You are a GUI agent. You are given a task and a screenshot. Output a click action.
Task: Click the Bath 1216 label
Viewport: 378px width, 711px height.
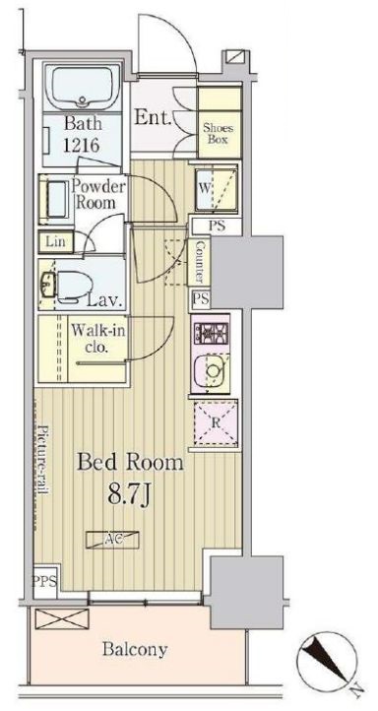[x=82, y=134]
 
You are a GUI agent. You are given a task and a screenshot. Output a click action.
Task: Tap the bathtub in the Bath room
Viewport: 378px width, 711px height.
[x=82, y=87]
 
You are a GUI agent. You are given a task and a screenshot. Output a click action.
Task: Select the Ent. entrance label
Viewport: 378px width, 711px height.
[x=154, y=118]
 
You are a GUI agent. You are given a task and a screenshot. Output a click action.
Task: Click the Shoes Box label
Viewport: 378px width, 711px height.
[x=218, y=133]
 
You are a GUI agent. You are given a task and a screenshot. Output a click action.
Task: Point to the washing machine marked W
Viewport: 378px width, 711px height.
[x=217, y=189]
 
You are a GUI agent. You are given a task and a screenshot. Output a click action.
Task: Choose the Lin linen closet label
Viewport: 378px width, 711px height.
[x=56, y=241]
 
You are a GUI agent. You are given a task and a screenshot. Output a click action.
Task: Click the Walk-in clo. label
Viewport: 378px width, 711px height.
[x=97, y=339]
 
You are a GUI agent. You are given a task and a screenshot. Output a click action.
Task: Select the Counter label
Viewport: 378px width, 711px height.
[x=200, y=262]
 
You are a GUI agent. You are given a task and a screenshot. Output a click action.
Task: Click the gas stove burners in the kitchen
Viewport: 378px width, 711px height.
[x=211, y=333]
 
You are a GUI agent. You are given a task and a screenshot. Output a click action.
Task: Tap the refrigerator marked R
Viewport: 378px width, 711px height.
[x=216, y=423]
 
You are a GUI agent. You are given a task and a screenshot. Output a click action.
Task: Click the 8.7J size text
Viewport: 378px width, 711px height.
[x=129, y=495]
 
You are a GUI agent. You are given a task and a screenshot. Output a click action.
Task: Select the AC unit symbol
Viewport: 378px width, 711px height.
[x=112, y=539]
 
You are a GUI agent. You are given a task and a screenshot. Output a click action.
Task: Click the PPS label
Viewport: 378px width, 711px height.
[x=44, y=581]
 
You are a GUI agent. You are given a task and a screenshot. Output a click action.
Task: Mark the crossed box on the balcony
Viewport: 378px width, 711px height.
[x=62, y=619]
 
